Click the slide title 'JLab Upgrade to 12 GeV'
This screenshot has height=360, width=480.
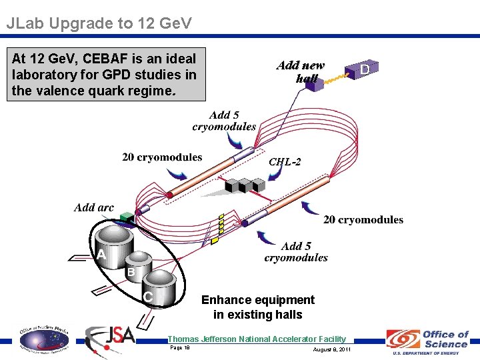click(x=99, y=24)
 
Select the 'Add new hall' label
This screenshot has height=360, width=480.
click(x=301, y=71)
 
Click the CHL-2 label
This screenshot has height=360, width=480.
click(x=285, y=162)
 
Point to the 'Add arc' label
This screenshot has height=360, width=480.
click(x=94, y=208)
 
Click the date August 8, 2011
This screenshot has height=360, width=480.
click(x=331, y=349)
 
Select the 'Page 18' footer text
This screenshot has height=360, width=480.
click(x=180, y=347)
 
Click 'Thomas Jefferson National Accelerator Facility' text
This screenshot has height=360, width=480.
click(x=257, y=339)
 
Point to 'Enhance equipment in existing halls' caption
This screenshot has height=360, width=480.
click(x=257, y=307)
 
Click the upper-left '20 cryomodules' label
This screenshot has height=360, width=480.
click(x=162, y=158)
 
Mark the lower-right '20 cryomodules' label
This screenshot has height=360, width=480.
click(x=363, y=219)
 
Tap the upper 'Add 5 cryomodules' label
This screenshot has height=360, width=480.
click(x=224, y=121)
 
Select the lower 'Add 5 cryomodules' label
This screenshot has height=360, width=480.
click(x=296, y=251)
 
